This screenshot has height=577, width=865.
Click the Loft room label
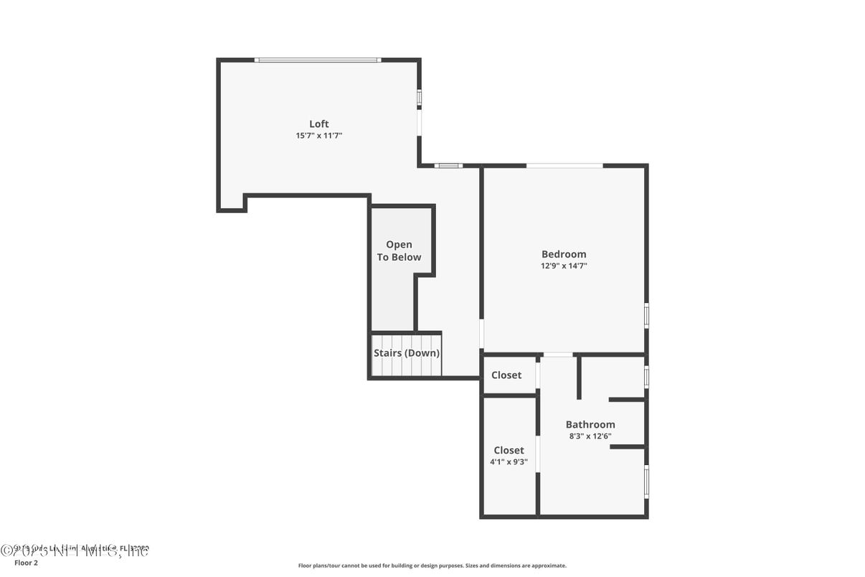(318, 124)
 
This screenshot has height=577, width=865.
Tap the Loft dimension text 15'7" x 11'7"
(318, 136)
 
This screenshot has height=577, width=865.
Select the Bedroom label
(563, 254)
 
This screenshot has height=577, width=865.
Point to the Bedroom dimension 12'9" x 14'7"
(564, 266)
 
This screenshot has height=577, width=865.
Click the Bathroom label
(590, 424)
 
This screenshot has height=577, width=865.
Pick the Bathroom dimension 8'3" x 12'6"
(590, 436)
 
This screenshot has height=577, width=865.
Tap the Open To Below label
(399, 250)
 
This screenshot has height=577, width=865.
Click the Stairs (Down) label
(406, 353)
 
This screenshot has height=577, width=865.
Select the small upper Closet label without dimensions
(506, 375)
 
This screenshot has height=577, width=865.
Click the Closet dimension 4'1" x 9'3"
(509, 462)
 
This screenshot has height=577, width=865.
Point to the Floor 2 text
(26, 563)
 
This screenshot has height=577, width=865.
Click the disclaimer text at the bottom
(432, 566)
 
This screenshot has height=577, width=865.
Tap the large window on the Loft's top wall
(317, 60)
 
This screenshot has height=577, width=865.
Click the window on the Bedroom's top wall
(564, 166)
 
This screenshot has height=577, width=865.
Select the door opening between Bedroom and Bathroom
(558, 355)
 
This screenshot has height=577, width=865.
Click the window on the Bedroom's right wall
(646, 315)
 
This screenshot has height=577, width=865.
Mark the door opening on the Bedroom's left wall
(481, 334)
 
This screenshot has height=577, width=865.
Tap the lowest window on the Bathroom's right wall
(646, 482)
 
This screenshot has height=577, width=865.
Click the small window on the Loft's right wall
(420, 98)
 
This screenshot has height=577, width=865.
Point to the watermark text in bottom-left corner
(75, 550)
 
